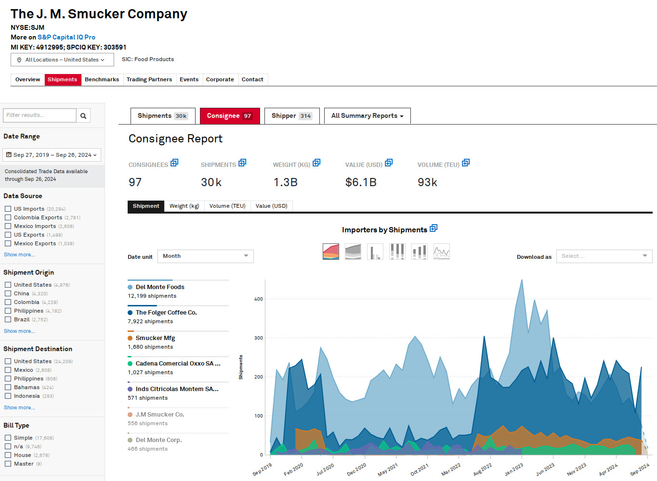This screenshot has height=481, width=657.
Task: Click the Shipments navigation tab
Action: (x=62, y=80)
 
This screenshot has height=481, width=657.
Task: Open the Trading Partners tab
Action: (x=149, y=80)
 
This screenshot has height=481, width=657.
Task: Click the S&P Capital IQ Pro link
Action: (x=66, y=37)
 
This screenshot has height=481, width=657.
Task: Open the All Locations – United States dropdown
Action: (x=62, y=60)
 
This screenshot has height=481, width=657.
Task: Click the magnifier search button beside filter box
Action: (x=83, y=115)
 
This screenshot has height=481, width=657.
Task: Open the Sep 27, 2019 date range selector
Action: (x=52, y=155)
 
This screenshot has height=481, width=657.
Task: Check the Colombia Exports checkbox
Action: (x=8, y=217)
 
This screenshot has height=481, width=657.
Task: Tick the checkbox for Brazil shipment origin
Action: (x=8, y=319)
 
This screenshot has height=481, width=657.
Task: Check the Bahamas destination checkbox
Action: (x=8, y=387)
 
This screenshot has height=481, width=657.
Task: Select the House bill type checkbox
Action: (x=8, y=455)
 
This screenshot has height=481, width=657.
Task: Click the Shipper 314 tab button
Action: (x=291, y=116)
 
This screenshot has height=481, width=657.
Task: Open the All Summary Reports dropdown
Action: (x=367, y=116)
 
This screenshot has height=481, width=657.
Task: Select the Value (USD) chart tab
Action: (x=271, y=206)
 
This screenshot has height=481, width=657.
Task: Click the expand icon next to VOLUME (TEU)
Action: (x=466, y=163)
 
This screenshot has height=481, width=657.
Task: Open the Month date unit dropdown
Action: (x=205, y=256)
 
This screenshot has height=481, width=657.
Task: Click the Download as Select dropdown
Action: (x=604, y=256)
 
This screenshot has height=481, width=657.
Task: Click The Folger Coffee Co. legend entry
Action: (x=166, y=313)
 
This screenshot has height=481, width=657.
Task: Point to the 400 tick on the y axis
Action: (x=259, y=299)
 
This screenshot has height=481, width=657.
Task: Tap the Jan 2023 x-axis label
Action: (x=514, y=469)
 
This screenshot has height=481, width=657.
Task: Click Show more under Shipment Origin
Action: (x=19, y=331)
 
